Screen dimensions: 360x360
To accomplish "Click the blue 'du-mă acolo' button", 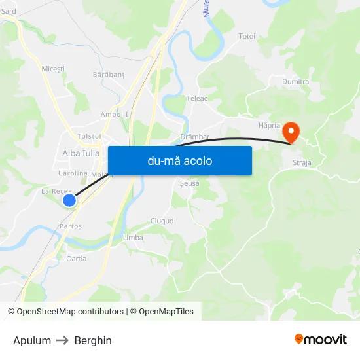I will point(179,160).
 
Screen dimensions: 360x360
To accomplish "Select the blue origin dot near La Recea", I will point(69,200).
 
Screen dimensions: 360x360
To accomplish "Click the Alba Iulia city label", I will point(81,153).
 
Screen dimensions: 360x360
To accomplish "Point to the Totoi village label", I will point(247,36).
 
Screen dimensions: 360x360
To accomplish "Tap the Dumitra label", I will point(295,82).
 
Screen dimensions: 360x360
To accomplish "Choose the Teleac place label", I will point(196,99).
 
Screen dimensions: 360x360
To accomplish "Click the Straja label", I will point(302,162).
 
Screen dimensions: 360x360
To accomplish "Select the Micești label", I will point(53,69).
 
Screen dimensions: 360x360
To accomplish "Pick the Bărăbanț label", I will point(109,75).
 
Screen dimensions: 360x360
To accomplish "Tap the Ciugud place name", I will point(162,221).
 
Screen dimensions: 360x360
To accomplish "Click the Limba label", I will point(133,238).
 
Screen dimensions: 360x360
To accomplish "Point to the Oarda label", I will point(76,259).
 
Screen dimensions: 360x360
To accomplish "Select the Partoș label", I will point(71,226).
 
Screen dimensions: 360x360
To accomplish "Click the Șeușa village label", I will point(189,184).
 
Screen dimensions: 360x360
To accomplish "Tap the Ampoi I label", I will point(115,114).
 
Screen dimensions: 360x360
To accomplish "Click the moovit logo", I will point(320,339).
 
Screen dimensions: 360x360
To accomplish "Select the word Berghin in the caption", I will point(93,340).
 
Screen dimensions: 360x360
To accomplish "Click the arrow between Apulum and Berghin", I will point(63,340).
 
